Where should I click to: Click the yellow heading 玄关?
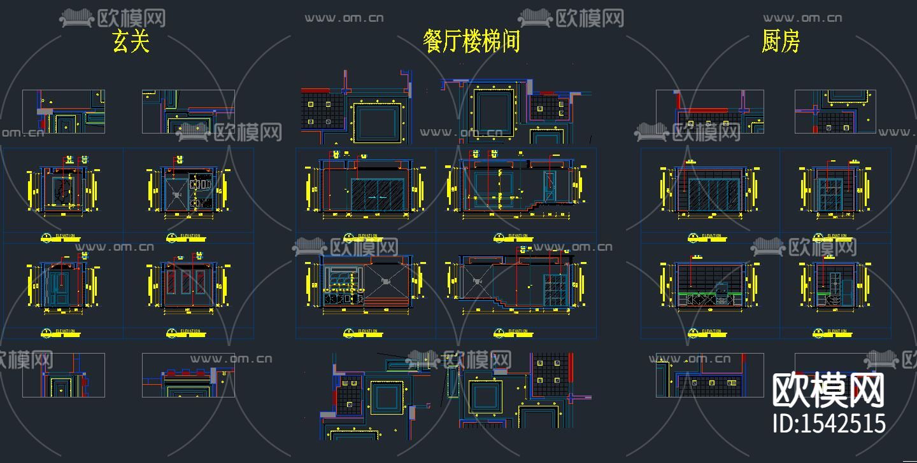pyautogui.click(x=131, y=41)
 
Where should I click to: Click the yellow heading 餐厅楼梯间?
pyautogui.click(x=472, y=41)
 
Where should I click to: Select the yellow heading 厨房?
pyautogui.click(x=780, y=41)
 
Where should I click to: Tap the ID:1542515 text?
pyautogui.click(x=829, y=423)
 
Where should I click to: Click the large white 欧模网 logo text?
pyautogui.click(x=828, y=390)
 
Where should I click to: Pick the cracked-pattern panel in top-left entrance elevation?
pyautogui.click(x=62, y=190)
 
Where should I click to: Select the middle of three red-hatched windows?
pyautogui.click(x=187, y=284)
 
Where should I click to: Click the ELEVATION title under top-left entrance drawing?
pyautogui.click(x=64, y=236)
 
